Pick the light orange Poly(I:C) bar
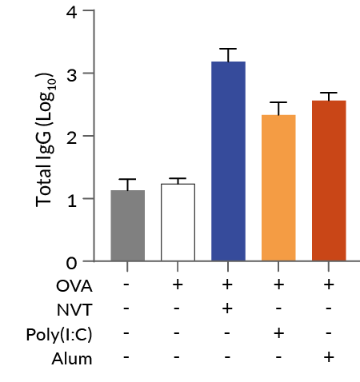tap(278, 189)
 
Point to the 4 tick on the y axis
tap(73, 12)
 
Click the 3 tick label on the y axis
tap(73, 74)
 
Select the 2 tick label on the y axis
tap(73, 137)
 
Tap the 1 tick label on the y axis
tap(73, 199)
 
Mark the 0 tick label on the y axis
tap(73, 261)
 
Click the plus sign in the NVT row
tap(228, 309)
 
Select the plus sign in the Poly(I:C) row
tap(278, 333)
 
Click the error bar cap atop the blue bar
tap(228, 49)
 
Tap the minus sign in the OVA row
tap(127, 285)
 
